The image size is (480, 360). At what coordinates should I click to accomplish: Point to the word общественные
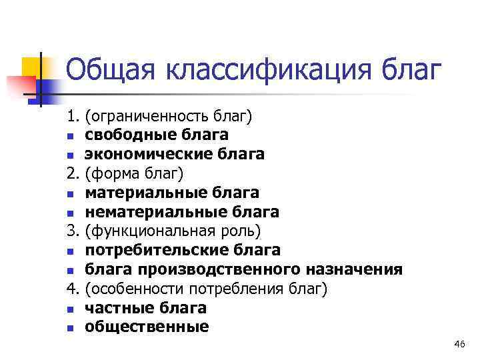pyautogui.click(x=147, y=327)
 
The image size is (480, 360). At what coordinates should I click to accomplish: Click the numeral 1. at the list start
pyautogui.click(x=73, y=116)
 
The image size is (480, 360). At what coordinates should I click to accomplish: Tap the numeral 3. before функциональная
pyautogui.click(x=73, y=231)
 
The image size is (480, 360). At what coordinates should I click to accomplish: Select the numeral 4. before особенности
pyautogui.click(x=73, y=289)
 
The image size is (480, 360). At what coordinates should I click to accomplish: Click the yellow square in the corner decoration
pyautogui.click(x=32, y=67)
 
